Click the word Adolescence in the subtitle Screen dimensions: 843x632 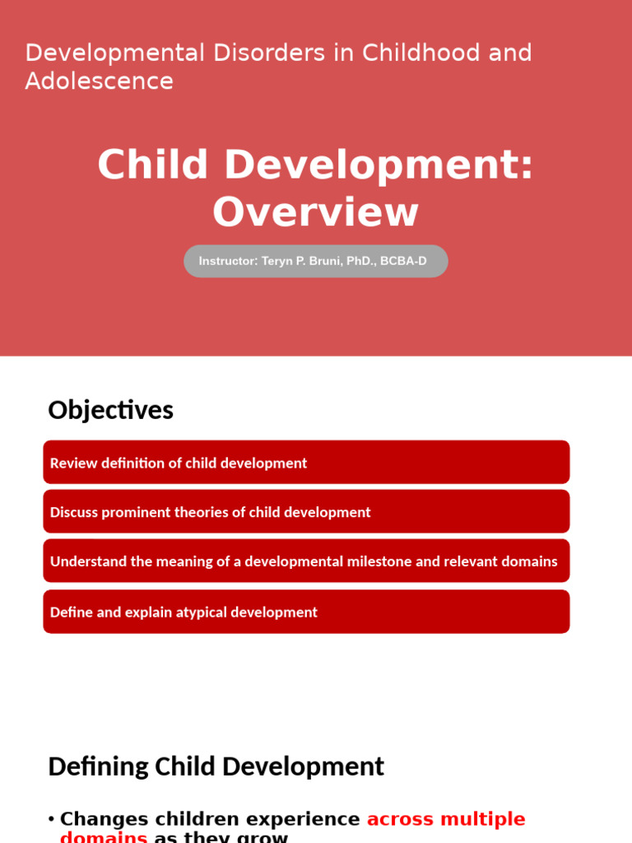point(99,82)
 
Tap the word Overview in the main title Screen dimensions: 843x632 point(315,212)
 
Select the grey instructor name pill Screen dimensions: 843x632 point(315,261)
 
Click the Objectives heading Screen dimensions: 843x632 point(110,410)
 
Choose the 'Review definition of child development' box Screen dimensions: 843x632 point(306,463)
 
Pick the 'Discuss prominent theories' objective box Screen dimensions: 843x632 point(306,512)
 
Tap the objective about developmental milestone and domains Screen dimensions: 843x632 point(306,561)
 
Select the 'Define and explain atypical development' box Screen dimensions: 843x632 point(306,612)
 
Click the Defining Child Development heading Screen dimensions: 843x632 point(216,766)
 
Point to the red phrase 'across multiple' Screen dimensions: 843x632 point(445,819)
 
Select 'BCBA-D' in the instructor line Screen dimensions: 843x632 point(403,261)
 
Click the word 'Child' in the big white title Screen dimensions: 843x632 point(153,165)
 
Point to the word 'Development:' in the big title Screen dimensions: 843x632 point(379,165)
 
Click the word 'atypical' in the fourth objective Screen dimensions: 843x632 point(202,612)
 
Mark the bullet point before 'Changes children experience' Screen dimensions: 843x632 point(51,819)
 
